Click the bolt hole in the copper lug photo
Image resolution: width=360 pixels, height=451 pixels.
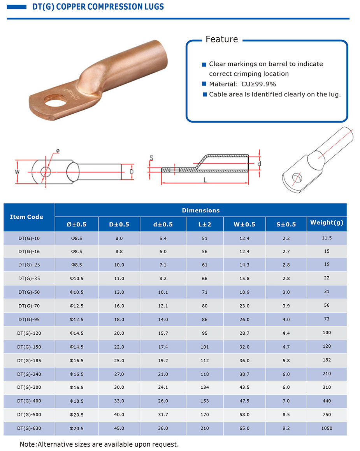tap(55, 101)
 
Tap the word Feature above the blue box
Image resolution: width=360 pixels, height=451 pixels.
tap(221, 39)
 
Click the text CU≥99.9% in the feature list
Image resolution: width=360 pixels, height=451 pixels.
tap(258, 84)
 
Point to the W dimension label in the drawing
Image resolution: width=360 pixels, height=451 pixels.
tap(17, 172)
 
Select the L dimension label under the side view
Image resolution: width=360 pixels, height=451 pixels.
tap(205, 180)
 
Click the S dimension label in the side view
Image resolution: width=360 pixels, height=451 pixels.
tap(151, 158)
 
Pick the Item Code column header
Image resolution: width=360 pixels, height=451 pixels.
tap(26, 217)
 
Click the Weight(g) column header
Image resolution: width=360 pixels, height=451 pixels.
tap(327, 223)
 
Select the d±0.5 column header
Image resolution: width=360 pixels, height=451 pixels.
tap(163, 225)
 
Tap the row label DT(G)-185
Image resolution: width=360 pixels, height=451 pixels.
tap(29, 360)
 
